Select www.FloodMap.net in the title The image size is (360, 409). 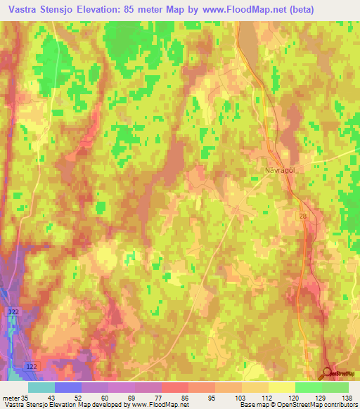click(241, 9)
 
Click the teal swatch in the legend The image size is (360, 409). click(41, 387)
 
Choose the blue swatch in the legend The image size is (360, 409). click(68, 387)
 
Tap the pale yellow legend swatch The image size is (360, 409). click(282, 387)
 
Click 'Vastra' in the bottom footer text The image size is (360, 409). click(14, 405)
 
